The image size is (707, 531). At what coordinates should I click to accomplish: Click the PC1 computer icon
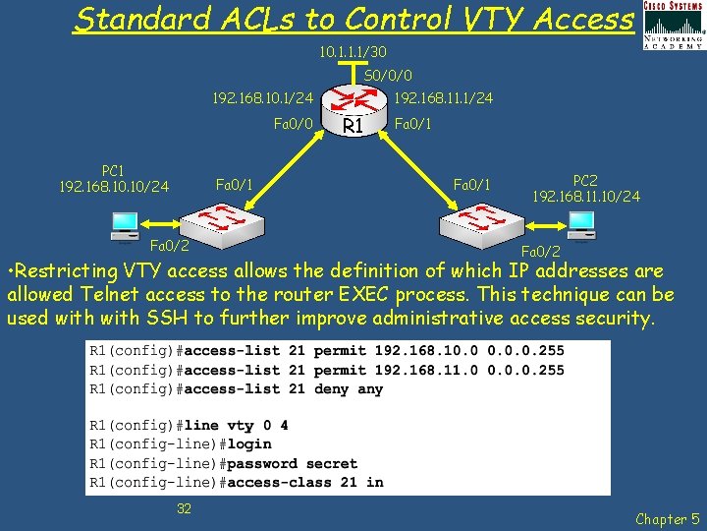click(125, 226)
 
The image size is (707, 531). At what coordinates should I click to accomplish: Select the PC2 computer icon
click(581, 225)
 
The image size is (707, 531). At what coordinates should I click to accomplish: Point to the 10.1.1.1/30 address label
click(353, 51)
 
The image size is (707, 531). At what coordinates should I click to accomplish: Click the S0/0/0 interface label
click(387, 76)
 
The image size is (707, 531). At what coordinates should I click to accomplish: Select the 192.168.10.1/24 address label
click(263, 98)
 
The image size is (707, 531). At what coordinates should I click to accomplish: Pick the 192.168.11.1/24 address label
click(443, 98)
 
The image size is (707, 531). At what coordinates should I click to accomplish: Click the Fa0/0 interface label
click(293, 124)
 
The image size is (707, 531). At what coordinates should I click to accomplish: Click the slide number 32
click(184, 507)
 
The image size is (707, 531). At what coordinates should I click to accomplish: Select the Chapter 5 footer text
click(668, 518)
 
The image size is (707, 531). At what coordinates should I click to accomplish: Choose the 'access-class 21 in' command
click(305, 482)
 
